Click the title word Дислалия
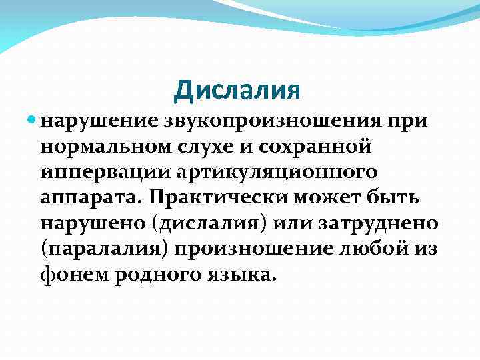pos(237,91)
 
